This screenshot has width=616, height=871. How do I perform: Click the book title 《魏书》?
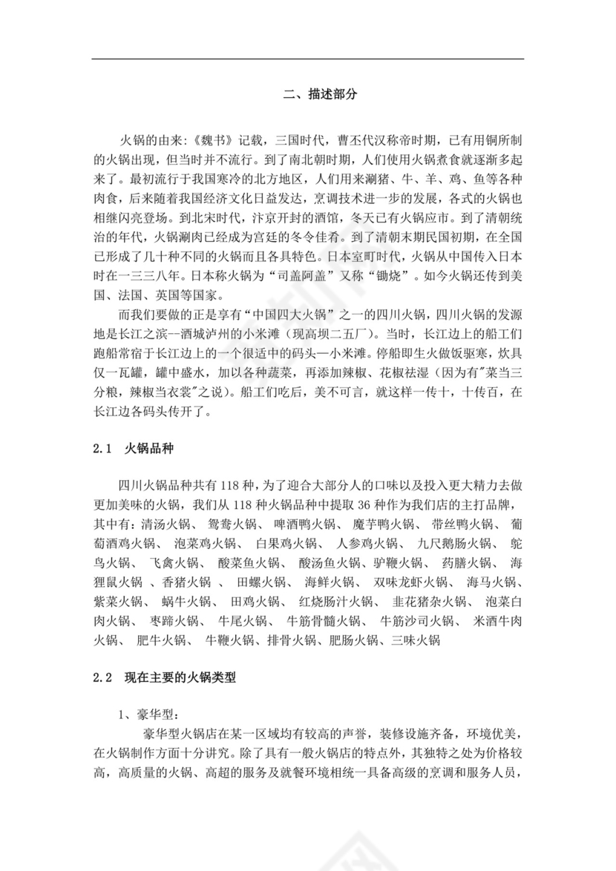coord(196,139)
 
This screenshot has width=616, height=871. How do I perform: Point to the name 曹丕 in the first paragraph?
coord(346,139)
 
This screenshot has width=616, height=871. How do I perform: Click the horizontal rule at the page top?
coord(308,59)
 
